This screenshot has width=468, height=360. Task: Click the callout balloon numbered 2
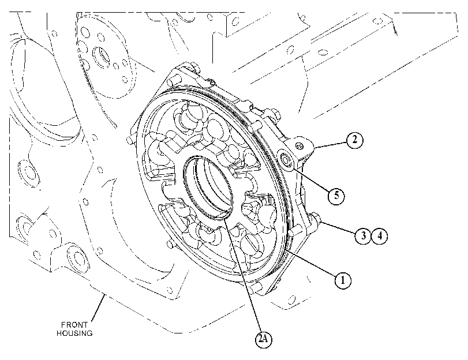[354, 140]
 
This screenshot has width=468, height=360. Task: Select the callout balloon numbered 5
[336, 196]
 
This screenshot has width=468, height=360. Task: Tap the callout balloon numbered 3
[363, 236]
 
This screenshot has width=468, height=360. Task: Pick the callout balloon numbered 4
[379, 236]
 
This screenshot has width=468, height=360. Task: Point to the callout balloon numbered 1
[343, 280]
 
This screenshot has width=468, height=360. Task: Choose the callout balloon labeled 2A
[264, 339]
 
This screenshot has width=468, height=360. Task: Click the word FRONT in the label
[74, 324]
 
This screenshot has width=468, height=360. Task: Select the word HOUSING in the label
[74, 333]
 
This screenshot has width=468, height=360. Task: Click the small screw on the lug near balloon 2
[299, 145]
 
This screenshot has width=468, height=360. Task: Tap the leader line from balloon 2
[331, 145]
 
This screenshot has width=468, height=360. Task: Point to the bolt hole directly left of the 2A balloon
[170, 290]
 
